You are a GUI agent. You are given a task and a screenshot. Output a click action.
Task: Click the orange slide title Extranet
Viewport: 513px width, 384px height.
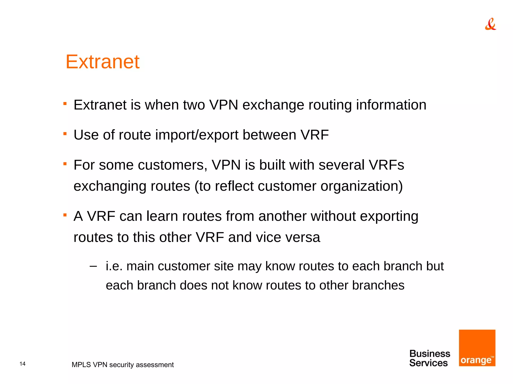point(102,62)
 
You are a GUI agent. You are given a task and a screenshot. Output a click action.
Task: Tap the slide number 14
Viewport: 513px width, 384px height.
point(23,364)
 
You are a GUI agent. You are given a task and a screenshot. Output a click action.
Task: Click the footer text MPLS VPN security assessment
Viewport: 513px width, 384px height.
point(122,365)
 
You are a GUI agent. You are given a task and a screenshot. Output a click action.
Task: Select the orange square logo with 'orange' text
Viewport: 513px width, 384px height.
point(477,348)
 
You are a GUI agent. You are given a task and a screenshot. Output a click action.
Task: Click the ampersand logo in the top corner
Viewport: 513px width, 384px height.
point(490,24)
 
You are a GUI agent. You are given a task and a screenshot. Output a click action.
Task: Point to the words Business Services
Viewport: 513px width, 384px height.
point(429,358)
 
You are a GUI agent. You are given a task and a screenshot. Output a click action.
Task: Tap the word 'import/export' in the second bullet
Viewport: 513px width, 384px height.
point(197,135)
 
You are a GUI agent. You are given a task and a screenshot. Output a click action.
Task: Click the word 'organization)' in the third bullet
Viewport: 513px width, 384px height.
point(361,186)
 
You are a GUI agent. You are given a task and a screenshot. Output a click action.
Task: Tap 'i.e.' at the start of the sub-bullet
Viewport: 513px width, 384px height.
point(114,266)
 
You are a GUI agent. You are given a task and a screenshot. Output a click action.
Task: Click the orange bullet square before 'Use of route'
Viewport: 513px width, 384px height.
point(65,134)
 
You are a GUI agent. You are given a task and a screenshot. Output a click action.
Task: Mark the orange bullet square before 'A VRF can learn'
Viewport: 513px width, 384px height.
point(65,215)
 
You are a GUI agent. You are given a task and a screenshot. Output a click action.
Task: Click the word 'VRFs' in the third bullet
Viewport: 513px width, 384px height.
point(386,165)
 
